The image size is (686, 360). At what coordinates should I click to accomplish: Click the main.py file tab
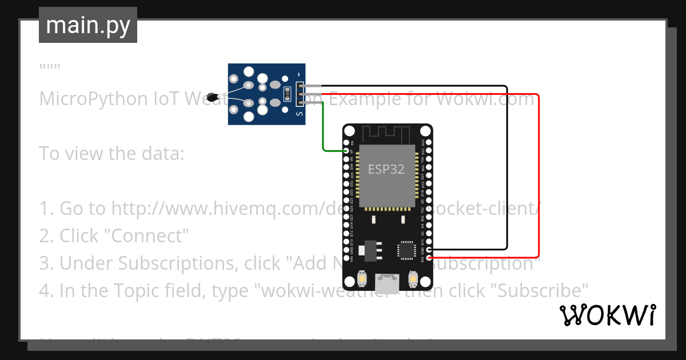tap(87, 25)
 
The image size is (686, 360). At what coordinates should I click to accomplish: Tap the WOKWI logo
tap(607, 315)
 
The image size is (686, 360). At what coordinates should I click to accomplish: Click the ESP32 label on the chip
tap(386, 169)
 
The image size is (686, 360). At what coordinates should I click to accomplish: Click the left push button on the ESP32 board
tap(361, 279)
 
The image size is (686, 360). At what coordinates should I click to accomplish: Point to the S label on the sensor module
tap(298, 114)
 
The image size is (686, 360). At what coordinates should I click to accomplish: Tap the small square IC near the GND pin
tap(406, 250)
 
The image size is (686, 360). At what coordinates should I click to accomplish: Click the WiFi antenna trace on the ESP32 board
tap(386, 134)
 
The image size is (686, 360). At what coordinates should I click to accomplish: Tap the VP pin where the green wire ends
tap(346, 151)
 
